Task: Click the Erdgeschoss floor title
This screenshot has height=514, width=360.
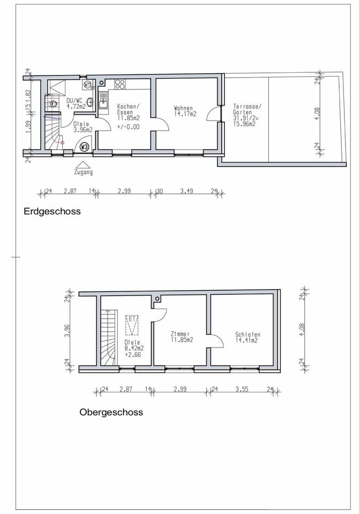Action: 52,211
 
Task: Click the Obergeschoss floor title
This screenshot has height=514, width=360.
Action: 111,412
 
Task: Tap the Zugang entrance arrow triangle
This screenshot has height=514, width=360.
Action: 83,164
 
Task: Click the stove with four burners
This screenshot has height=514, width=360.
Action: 119,84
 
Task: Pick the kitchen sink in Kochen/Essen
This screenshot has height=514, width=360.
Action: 103,100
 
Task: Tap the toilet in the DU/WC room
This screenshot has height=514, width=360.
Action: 52,104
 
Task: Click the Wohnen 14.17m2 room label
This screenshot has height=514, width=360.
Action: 185,111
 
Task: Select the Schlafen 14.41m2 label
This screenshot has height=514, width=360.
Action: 248,337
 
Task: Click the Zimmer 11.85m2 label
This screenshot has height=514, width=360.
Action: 182,337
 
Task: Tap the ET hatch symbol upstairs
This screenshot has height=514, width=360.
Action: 132,325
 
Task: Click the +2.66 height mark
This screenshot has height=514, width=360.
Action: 133,354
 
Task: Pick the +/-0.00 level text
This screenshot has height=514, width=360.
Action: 129,127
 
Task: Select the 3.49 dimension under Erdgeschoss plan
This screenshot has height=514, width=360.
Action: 186,191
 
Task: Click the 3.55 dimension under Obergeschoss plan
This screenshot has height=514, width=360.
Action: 242,389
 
